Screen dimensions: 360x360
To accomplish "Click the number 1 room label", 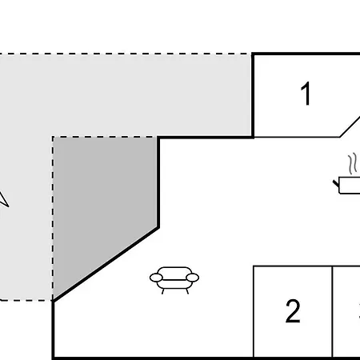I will click(305, 94).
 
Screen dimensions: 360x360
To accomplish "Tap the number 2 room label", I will click(293, 311).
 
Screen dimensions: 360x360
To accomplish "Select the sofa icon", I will click(174, 278).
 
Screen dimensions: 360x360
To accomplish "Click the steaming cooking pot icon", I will click(349, 185).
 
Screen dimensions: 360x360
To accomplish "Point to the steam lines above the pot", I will click(351, 164).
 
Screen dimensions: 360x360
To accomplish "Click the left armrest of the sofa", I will click(156, 278).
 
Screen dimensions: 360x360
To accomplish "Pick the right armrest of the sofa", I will click(193, 278).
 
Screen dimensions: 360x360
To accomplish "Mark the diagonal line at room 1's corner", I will click(350, 126).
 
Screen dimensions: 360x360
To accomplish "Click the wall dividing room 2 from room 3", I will click(332, 311).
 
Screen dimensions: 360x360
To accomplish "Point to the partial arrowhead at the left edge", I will click(2, 198).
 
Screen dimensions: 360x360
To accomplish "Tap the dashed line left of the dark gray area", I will click(53, 216).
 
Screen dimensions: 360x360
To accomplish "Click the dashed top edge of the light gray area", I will click(120, 54).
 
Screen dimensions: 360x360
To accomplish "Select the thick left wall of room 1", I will click(253, 94).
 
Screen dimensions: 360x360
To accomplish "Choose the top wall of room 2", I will click(293, 266).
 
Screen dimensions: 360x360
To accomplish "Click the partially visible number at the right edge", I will click(357, 311).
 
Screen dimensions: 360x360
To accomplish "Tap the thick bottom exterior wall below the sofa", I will click(160, 357).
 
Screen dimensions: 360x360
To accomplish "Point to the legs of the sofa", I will click(174, 290).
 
